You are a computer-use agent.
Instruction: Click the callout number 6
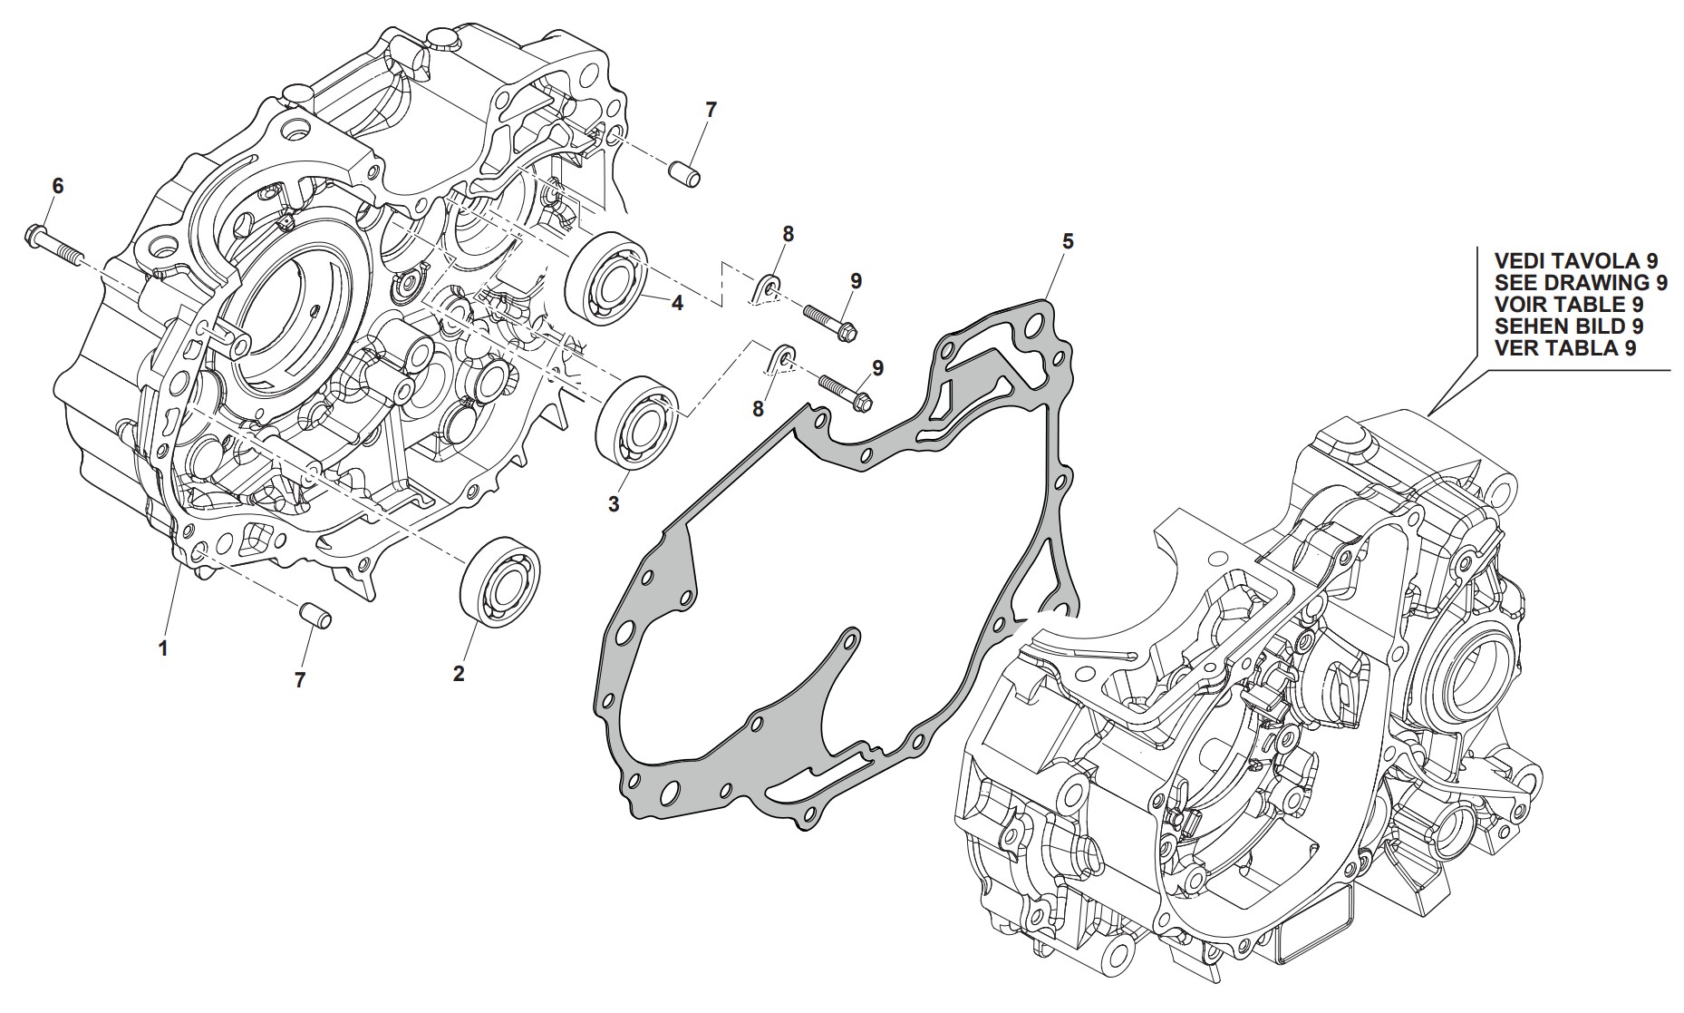coord(58,187)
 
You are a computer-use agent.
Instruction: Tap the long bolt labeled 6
coord(51,245)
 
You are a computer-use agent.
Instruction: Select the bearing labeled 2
coord(500,580)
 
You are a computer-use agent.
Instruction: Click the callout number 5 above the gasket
coord(1068,241)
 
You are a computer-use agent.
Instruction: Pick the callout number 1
coord(163,648)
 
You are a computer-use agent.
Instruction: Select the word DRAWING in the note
coord(1602,282)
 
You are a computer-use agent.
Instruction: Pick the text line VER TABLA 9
coord(1565,347)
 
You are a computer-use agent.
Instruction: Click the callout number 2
coord(459,674)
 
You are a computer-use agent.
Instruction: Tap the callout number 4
coord(676,304)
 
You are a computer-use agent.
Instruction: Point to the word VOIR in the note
coord(1523,304)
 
